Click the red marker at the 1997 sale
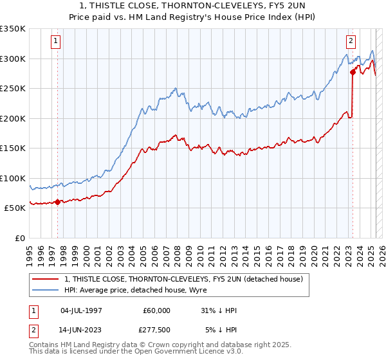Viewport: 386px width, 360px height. click(x=57, y=202)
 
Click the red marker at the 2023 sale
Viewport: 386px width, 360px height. click(x=353, y=72)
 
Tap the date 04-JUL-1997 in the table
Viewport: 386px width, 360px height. click(x=82, y=310)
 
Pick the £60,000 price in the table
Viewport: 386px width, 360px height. click(x=157, y=310)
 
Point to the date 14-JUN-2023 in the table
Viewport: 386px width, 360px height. click(x=82, y=330)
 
